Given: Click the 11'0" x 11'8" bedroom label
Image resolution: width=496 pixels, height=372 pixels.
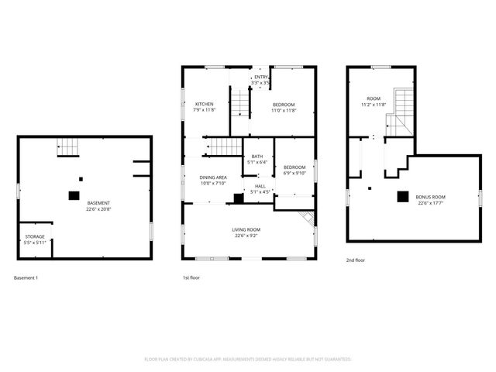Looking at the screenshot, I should pyautogui.click(x=283, y=107).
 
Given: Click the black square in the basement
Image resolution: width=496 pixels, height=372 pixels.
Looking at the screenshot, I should pyautogui.click(x=74, y=196).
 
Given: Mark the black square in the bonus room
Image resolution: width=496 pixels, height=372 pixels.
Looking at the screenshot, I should pyautogui.click(x=402, y=197).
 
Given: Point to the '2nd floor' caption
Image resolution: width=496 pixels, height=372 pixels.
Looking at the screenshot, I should pyautogui.click(x=356, y=261).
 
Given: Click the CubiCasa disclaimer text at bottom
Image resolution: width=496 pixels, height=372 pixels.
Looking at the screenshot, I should pyautogui.click(x=248, y=359).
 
